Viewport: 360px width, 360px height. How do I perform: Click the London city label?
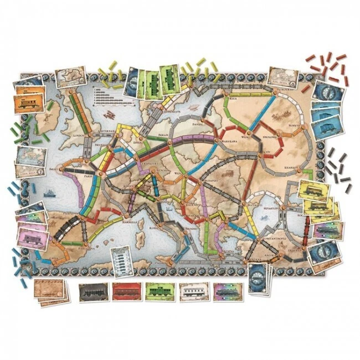click(x=74, y=135)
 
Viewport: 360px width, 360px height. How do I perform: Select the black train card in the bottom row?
click(x=91, y=292)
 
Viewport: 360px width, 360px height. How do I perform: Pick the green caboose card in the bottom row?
click(x=160, y=292)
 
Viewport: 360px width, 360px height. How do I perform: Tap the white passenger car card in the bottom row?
click(x=193, y=292)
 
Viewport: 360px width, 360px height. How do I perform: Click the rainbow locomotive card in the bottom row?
click(x=226, y=292)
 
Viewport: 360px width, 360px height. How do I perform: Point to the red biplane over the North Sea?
click(x=109, y=115)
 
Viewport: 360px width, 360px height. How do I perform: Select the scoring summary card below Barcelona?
click(x=120, y=260)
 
